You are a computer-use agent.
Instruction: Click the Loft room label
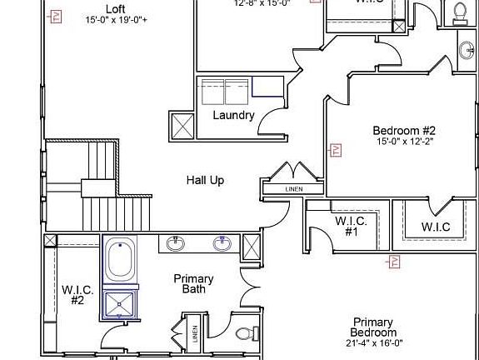[x=116, y=8]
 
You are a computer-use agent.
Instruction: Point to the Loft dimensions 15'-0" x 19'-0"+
[x=116, y=19]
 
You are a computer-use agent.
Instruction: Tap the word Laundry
[x=233, y=115]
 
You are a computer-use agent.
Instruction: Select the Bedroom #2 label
[x=404, y=131]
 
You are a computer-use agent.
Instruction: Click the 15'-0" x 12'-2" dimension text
[x=404, y=142]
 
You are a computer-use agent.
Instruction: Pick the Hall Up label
[x=205, y=180]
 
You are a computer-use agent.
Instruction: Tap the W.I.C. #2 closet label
[x=77, y=295]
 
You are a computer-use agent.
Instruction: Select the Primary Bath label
[x=194, y=284]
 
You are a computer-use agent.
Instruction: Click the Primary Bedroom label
[x=372, y=327]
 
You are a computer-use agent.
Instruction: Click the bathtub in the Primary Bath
[x=120, y=259]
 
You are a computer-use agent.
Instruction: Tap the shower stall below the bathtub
[x=119, y=303]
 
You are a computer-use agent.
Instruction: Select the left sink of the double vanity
[x=175, y=243]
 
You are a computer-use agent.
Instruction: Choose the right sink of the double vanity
[x=222, y=243]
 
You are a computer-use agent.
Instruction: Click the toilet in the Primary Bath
[x=244, y=335]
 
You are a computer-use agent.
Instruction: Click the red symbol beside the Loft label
[x=56, y=15]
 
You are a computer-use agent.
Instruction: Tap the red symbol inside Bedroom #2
[x=337, y=150]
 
